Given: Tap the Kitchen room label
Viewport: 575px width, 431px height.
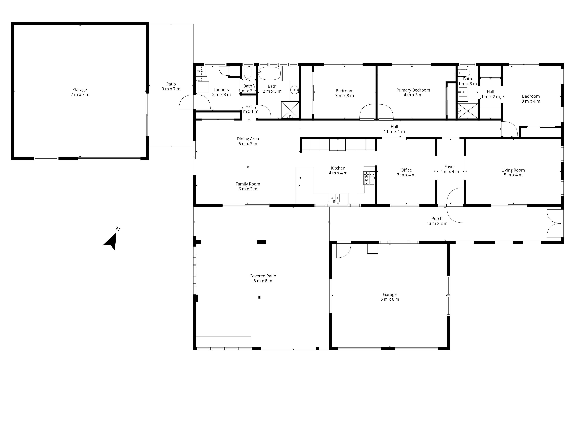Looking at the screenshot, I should (x=338, y=168).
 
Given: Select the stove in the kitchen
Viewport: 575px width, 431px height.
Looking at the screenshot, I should (x=369, y=178).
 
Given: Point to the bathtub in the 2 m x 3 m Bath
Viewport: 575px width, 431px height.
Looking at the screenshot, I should (x=270, y=73).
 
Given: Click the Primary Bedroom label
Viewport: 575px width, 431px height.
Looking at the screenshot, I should (x=413, y=90).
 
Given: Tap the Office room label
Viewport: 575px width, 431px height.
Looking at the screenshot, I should (x=406, y=170).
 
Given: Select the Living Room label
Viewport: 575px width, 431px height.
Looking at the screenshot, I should (x=513, y=170).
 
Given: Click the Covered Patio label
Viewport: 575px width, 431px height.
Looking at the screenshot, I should (x=262, y=276).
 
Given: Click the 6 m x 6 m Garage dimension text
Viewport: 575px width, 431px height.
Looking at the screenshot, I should (x=389, y=299).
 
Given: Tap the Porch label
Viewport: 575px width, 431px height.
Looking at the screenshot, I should (x=437, y=219).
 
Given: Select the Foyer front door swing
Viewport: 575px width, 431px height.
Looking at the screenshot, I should (x=455, y=205).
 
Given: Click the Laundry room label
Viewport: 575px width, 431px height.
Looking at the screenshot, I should (x=221, y=90).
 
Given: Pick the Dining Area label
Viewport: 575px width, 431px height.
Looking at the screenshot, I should (x=248, y=139).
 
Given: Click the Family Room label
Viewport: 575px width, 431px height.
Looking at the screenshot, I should (x=248, y=184).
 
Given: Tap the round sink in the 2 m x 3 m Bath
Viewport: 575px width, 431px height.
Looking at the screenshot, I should (x=295, y=90).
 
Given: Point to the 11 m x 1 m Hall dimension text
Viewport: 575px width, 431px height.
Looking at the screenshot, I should (x=394, y=131).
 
